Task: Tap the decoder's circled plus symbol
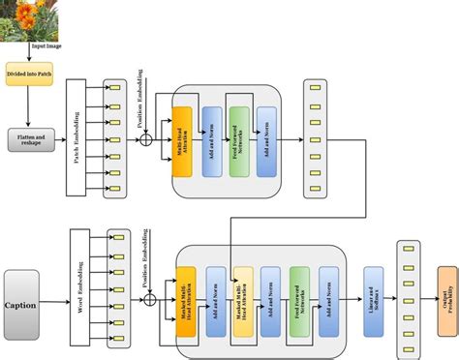[x=149, y=300]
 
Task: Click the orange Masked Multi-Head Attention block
[x=187, y=301]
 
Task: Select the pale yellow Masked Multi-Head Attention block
[x=243, y=301]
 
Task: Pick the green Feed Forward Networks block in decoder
[x=299, y=301]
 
